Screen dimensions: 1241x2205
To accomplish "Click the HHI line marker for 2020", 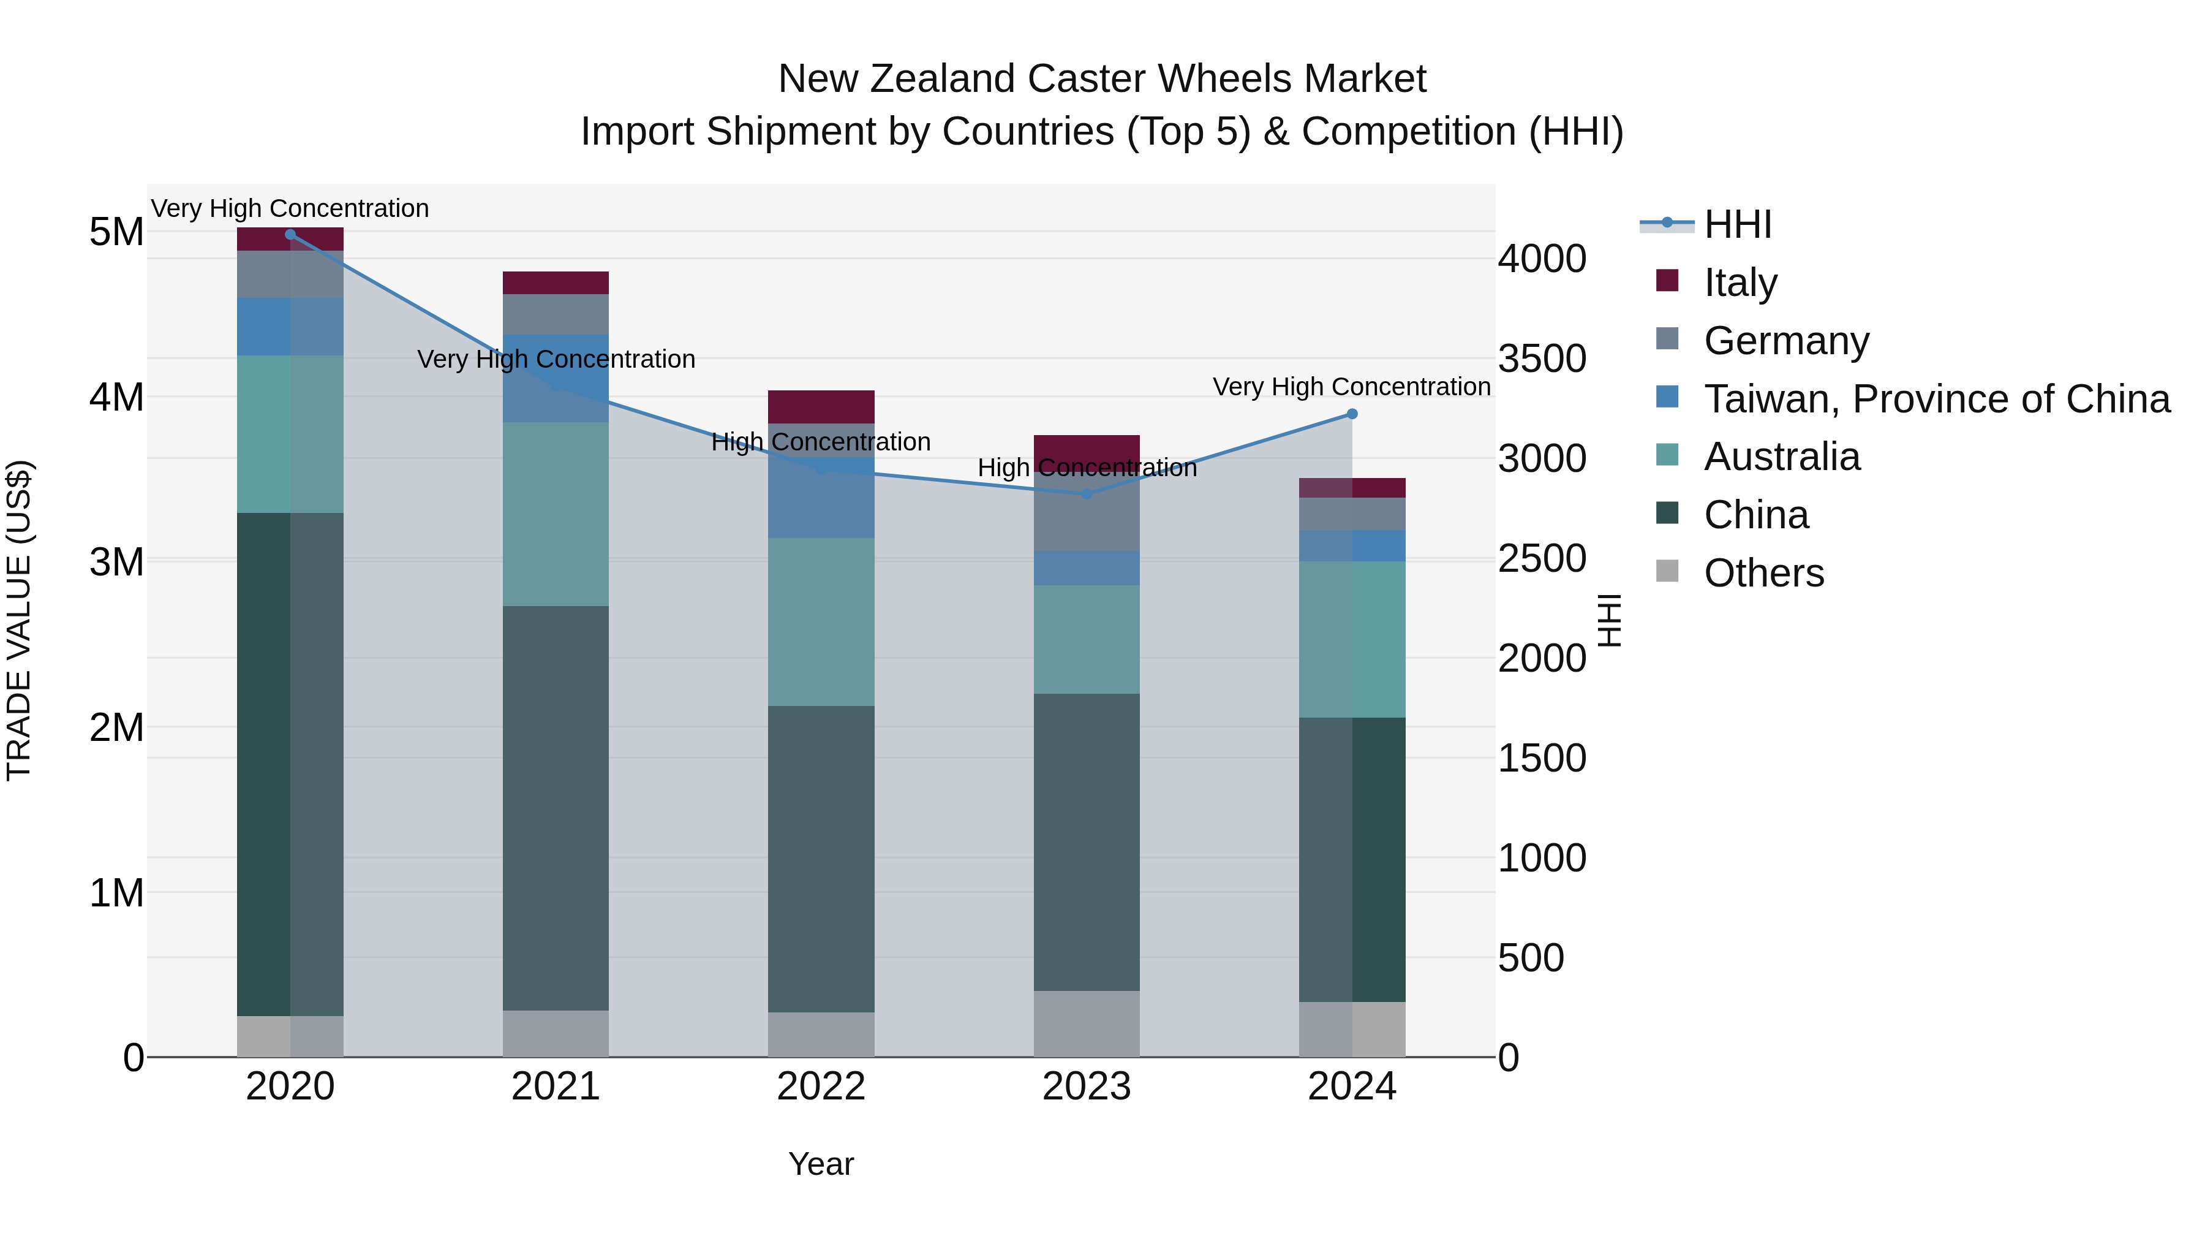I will tap(290, 234).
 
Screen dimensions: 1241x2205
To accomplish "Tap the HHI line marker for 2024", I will tap(1352, 414).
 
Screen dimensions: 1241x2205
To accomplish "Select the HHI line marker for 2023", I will tap(1086, 494).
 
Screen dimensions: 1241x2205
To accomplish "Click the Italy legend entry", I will tap(1740, 282).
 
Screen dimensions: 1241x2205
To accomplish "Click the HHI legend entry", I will tap(1737, 224).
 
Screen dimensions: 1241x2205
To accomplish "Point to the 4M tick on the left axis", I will tap(116, 397).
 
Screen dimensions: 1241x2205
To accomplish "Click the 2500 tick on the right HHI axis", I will tap(1542, 558).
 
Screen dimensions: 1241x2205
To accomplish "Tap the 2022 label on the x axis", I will tap(821, 1087).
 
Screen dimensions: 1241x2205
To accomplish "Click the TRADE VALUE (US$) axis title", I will tap(19, 620).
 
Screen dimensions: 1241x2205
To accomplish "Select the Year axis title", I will tap(821, 1164).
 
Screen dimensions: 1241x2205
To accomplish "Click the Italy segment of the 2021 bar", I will tap(556, 283).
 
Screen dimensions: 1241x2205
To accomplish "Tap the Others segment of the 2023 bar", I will tap(1086, 1023).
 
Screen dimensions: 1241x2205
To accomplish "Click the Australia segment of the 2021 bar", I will tap(556, 514).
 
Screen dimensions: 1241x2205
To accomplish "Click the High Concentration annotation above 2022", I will tap(821, 442).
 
